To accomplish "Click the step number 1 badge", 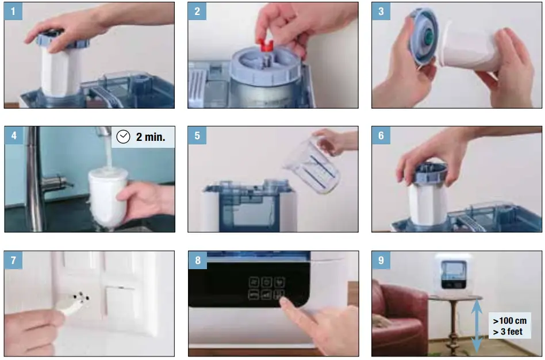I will point(13,12).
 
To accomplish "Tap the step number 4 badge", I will point(13,136).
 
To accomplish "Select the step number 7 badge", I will point(13,260).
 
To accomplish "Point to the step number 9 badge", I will point(381,260).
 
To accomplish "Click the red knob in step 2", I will point(267,45).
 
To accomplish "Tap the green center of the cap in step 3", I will point(428,40).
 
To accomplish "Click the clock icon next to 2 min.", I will point(123,137).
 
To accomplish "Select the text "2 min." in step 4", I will point(151,137).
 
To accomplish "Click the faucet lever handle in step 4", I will point(57,182).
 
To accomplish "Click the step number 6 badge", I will point(381,136).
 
